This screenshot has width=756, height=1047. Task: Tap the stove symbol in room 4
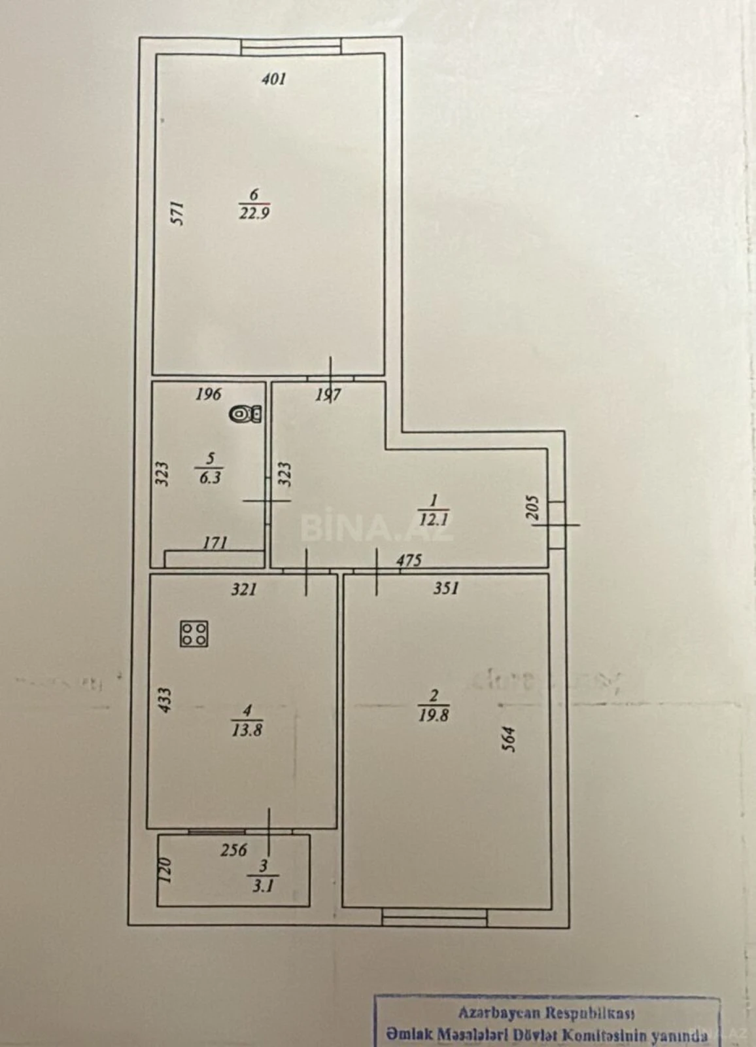[x=194, y=633]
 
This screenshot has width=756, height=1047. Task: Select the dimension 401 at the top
[x=273, y=79]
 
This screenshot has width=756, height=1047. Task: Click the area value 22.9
[x=254, y=213]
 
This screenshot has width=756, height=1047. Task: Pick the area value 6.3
[x=210, y=478]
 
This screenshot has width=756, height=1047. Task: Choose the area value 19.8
[x=434, y=715]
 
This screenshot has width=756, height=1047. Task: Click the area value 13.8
[x=247, y=730]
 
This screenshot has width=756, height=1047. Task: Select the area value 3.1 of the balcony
[x=263, y=886]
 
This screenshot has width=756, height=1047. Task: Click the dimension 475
[x=409, y=561]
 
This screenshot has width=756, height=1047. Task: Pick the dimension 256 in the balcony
[x=233, y=849]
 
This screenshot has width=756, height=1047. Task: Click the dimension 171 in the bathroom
[x=215, y=542]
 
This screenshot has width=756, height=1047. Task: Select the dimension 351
[x=446, y=588]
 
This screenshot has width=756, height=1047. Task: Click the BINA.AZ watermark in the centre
[x=377, y=527]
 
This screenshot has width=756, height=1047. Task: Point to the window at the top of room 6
[x=290, y=46]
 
